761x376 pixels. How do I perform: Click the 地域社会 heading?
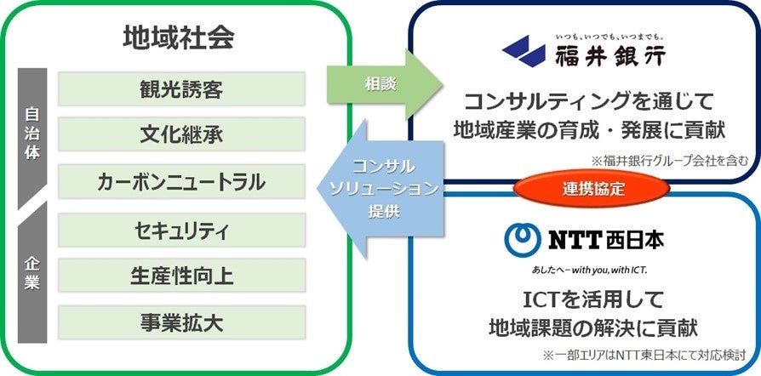point(178,38)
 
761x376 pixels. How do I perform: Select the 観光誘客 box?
point(181,89)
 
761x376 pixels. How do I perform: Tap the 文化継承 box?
point(181,135)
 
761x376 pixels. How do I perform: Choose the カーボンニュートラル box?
point(181,181)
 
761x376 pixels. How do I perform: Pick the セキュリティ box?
point(181,231)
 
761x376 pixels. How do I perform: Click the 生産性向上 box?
point(181,276)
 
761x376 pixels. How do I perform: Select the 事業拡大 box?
point(181,322)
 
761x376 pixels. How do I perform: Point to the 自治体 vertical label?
point(32,134)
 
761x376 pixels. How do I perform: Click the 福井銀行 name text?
point(607,58)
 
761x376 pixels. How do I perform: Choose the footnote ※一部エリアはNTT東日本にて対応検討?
point(647,351)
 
